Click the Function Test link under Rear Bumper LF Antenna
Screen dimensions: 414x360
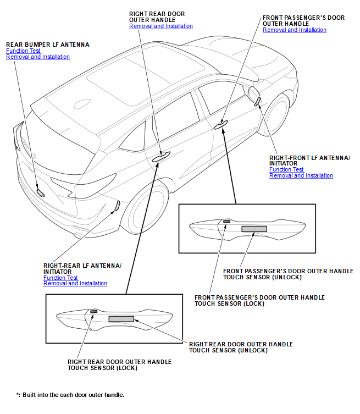(23, 51)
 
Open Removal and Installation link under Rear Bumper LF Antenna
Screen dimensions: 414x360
(38, 57)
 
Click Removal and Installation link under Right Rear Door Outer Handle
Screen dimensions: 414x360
(161, 26)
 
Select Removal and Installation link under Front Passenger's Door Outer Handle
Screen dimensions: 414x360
(295, 30)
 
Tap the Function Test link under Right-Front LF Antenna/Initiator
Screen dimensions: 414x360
(286, 169)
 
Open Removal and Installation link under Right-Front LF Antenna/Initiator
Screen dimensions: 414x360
(301, 176)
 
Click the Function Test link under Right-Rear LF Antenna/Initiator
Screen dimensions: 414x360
(60, 278)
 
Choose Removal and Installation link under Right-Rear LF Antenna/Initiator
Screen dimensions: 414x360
(75, 284)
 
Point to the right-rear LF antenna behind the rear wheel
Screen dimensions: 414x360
(117, 206)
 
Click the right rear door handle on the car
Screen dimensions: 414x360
(161, 157)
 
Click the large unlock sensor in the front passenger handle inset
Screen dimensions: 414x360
(253, 228)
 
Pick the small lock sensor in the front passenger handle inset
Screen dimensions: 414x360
(226, 222)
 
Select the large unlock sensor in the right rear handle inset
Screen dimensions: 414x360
(121, 319)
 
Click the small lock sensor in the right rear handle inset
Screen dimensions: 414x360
(93, 312)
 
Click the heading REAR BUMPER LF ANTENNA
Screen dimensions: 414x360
(48, 44)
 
